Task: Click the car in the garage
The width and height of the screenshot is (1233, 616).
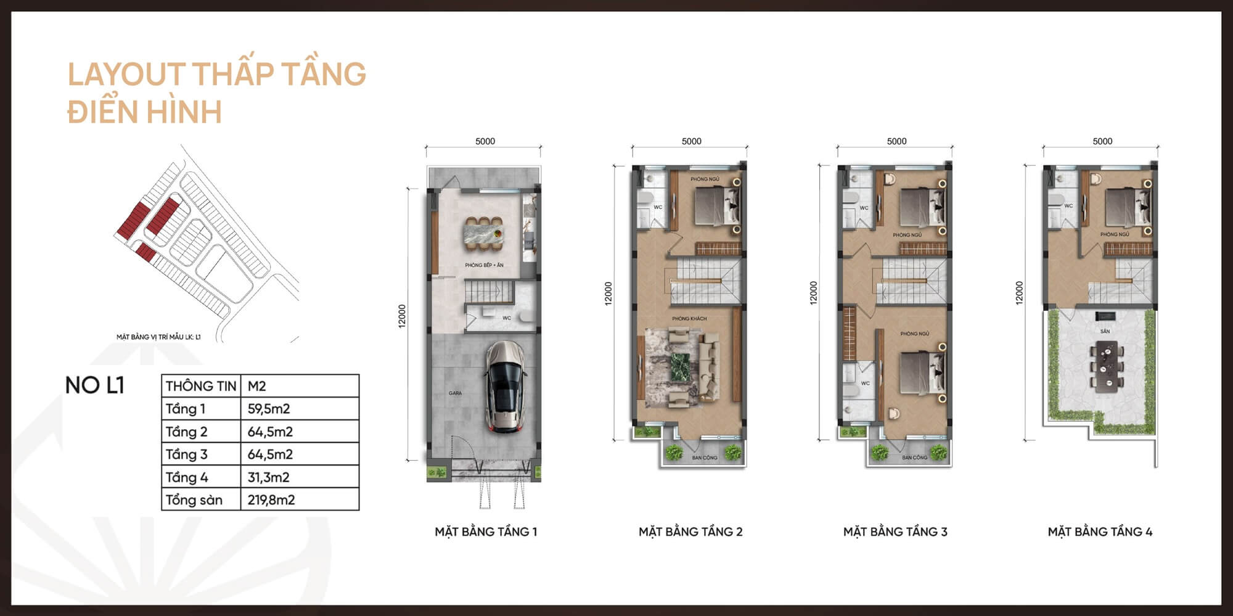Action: pos(505,387)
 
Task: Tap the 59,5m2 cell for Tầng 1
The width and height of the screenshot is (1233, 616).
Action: pos(269,409)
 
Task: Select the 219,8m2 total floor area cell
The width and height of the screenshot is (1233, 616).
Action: pos(271,499)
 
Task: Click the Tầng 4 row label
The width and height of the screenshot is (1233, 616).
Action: pos(187,477)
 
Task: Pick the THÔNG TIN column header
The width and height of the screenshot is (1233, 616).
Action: pos(201,386)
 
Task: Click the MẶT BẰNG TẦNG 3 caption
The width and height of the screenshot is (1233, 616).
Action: pos(895,532)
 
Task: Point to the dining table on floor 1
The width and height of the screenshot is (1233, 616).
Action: pos(485,234)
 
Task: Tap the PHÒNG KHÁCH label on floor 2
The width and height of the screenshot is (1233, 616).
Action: pos(689,319)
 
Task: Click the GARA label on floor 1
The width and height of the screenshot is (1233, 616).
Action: pos(455,393)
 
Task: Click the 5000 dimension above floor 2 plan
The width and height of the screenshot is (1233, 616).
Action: pos(691,141)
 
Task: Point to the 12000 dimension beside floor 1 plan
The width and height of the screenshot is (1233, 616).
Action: pos(402,316)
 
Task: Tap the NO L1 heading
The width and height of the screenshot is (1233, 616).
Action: pos(95,385)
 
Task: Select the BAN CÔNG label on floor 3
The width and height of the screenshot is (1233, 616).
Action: pos(914,458)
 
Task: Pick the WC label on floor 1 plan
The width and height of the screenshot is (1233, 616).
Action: pos(507,318)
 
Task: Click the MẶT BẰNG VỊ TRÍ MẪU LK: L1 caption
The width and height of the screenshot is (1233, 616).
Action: pos(158,337)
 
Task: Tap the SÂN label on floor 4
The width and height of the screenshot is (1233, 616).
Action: pos(1105,331)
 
